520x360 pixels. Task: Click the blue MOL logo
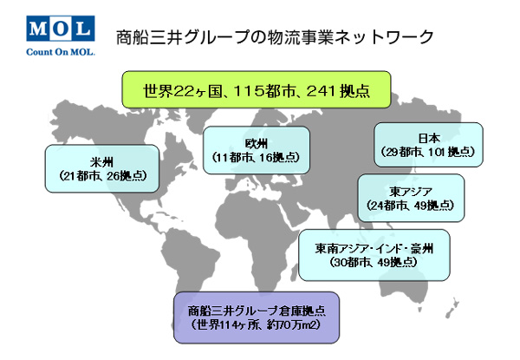click(x=61, y=29)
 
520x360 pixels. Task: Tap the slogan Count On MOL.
click(x=61, y=52)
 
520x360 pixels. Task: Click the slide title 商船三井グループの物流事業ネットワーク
click(x=275, y=37)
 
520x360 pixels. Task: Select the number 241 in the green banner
click(x=321, y=90)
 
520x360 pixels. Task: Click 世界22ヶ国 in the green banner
click(x=182, y=90)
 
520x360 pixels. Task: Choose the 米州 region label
click(x=101, y=162)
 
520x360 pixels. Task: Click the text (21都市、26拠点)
click(x=103, y=175)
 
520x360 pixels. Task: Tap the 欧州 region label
click(x=257, y=144)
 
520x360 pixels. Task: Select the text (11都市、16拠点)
click(x=256, y=157)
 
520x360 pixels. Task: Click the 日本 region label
click(x=429, y=139)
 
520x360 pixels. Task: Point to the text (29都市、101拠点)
click(x=428, y=152)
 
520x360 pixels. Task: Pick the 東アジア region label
click(x=411, y=192)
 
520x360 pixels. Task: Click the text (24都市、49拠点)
click(x=411, y=206)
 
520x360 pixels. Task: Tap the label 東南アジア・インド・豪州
click(x=374, y=248)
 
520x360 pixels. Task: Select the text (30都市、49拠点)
click(x=374, y=262)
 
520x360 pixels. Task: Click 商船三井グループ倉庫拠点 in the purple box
click(x=257, y=311)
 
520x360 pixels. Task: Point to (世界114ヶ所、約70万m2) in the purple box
click(x=256, y=324)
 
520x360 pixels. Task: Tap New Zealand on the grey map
click(x=453, y=308)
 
